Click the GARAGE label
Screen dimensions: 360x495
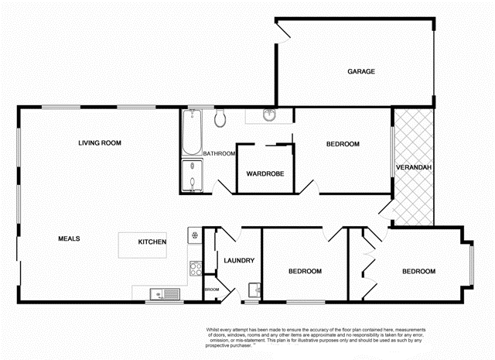[360, 71]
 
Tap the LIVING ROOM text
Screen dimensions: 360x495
[101, 142]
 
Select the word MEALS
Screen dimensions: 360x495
[70, 238]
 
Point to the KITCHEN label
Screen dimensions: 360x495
[152, 242]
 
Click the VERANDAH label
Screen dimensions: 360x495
[413, 168]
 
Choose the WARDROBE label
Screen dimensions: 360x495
[265, 173]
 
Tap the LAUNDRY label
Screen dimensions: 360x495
[239, 260]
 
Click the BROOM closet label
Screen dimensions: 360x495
[212, 290]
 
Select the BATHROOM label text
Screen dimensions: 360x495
[219, 153]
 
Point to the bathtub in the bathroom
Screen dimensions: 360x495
[191, 132]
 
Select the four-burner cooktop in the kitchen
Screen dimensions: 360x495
[195, 269]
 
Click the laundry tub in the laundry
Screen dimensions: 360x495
[254, 291]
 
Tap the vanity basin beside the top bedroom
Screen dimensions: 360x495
[268, 117]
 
